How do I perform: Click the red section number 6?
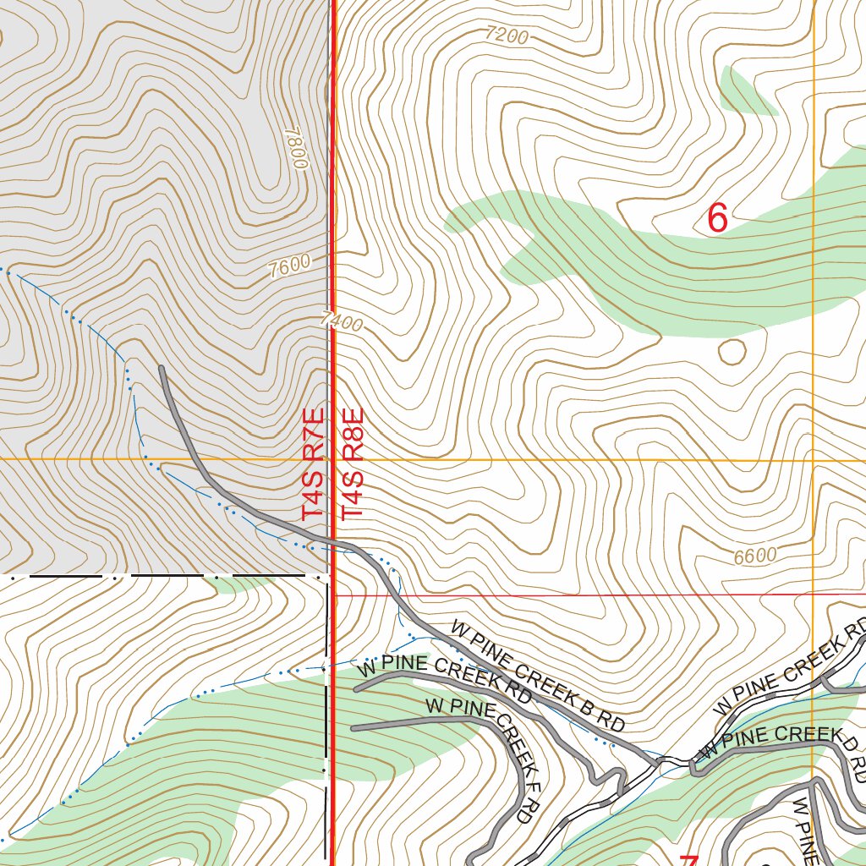click(x=716, y=218)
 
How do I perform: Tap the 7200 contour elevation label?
click(x=507, y=36)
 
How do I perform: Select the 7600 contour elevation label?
click(x=288, y=266)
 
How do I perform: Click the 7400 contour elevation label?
click(x=342, y=321)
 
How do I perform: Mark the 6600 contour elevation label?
click(x=754, y=556)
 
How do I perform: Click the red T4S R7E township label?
click(x=313, y=464)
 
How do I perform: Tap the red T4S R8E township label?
click(x=353, y=464)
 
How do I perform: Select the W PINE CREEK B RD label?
click(x=537, y=676)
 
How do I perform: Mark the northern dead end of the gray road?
click(x=161, y=368)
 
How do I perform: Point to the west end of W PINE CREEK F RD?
click(x=354, y=727)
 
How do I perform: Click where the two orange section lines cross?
click(x=814, y=460)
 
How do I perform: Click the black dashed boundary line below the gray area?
click(x=169, y=576)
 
